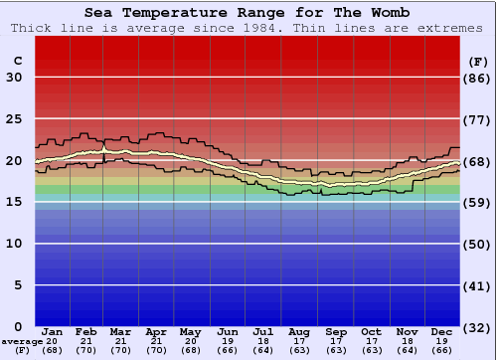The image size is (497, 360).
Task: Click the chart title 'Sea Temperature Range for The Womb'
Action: coord(247,13)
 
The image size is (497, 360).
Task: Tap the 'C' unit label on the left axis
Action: coord(17,61)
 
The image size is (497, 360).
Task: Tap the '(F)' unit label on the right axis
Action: coord(477,61)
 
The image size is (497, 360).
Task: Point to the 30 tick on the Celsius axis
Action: coord(14,78)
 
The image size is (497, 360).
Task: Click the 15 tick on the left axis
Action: coord(14,202)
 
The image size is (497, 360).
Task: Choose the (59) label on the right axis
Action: coord(477,202)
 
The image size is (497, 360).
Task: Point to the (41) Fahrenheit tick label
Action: coord(477,285)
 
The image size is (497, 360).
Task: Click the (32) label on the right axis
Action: coord(477,326)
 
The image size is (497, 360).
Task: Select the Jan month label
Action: coord(53,331)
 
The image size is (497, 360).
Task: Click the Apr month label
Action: coord(156,331)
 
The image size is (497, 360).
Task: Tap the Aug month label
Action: coord(299,331)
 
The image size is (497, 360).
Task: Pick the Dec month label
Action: coord(442,331)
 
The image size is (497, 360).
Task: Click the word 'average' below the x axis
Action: coord(22,341)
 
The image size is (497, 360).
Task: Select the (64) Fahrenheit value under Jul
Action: coord(263,350)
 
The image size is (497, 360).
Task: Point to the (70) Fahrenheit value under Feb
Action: coord(86,350)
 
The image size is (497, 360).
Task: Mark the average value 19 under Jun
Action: coord(228,341)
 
